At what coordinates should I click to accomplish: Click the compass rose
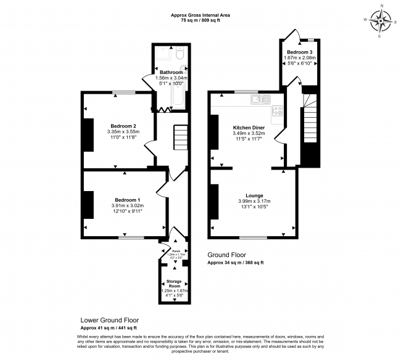pos(382,23)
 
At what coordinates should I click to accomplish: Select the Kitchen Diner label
pos(248,128)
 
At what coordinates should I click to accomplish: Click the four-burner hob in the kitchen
pos(277,112)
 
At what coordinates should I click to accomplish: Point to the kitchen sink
pos(261,99)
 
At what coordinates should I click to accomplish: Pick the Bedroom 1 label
pos(127,199)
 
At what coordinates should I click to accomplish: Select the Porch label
pos(175,251)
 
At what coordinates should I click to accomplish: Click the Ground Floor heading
pos(226,255)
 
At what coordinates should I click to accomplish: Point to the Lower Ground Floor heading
pos(110,321)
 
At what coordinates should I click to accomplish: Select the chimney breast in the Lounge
pos(213,202)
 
